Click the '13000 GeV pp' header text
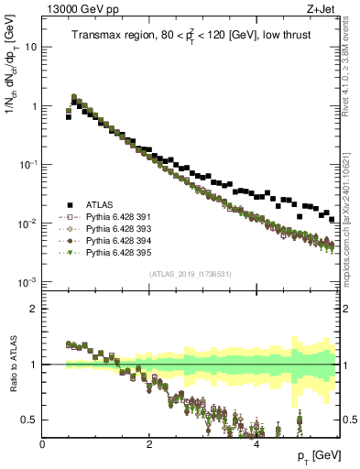click(82, 10)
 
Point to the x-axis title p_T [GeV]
click(314, 456)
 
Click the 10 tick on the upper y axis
click(29, 46)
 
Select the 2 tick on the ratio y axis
click(33, 308)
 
